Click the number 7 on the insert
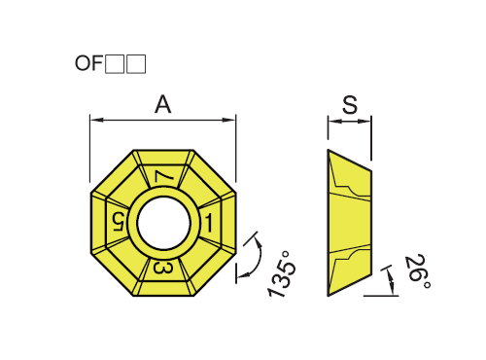point(163,177)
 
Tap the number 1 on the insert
point(208,223)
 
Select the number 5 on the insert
point(119,222)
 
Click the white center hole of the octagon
point(163,223)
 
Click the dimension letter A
point(162,104)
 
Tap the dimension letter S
point(350,104)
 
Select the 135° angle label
point(281,274)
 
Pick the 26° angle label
point(417,271)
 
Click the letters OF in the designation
point(88,63)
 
